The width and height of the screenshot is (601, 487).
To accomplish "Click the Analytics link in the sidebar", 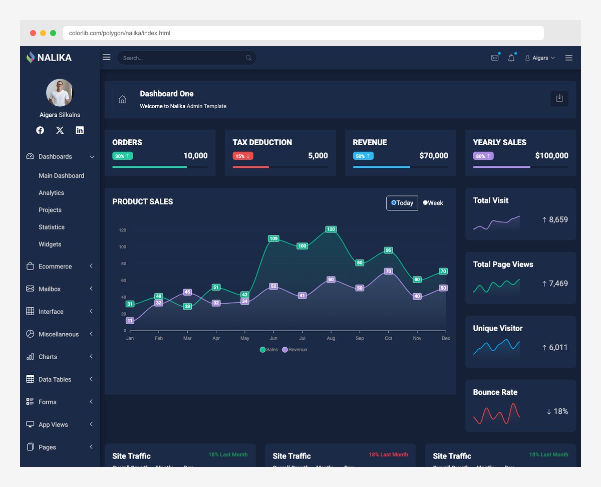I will coord(51,193).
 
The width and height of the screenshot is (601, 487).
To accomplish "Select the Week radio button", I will coord(426,203).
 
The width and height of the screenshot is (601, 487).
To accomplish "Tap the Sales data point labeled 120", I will coord(331,229).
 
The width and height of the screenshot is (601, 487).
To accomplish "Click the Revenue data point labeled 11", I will coord(130,321).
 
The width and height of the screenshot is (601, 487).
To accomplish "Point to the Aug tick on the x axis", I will coord(331,338).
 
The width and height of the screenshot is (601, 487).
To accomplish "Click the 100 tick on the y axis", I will coord(123,247).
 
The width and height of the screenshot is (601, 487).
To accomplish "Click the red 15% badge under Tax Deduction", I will coord(243,156).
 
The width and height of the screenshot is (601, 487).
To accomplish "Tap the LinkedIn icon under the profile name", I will coord(80,130).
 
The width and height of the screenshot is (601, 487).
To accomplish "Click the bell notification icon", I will coord(511,58).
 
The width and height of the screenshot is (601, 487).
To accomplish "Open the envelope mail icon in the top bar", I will coord(495,58).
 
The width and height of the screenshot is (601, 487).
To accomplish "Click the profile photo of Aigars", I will coord(60,93).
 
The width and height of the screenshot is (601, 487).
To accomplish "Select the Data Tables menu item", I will coord(55,379).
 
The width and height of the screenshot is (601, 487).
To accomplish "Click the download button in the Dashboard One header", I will coord(559,99).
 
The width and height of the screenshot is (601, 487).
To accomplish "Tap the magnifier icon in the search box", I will coord(248,58).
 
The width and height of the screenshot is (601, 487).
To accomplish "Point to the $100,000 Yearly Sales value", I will coord(551,156).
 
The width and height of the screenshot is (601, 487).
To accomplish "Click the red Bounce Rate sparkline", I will coord(496,413).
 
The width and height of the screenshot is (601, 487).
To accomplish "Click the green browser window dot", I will coord(53,33).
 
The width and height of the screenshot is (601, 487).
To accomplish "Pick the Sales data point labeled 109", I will coord(273,238).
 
